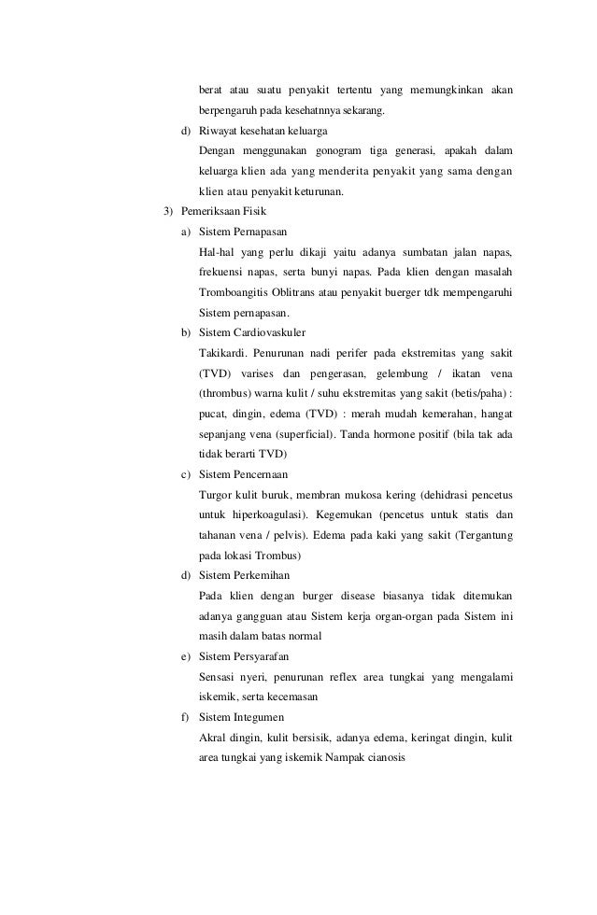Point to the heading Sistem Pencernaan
(244, 475)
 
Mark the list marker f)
(185, 718)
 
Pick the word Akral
(215, 739)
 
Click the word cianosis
(382, 759)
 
